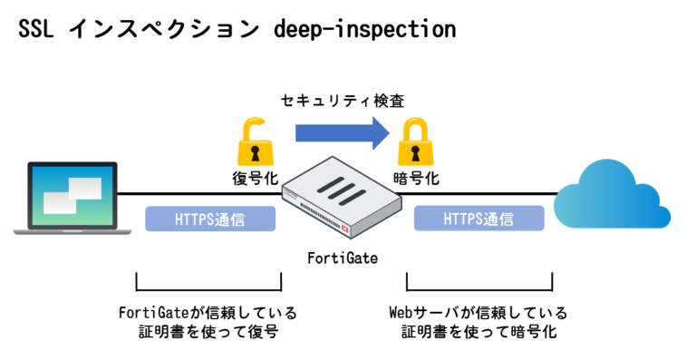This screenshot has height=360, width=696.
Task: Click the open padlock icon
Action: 254,141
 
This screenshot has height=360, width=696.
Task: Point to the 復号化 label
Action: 254,179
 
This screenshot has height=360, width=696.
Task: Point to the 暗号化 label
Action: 418,179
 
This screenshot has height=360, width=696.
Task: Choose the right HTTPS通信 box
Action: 478,219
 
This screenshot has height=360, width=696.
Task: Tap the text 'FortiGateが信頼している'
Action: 208,313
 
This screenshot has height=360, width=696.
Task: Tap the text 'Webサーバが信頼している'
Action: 478,313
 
